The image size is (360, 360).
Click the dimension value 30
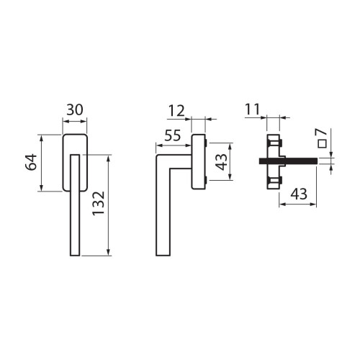(75, 110)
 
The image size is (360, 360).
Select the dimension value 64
(32, 162)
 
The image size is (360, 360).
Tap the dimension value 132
(99, 203)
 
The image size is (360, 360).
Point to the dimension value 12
(176, 111)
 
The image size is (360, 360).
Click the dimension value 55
(173, 135)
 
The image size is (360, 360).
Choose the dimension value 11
(253, 109)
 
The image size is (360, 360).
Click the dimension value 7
(322, 132)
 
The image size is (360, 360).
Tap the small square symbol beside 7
(322, 143)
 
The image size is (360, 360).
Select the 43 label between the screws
(221, 162)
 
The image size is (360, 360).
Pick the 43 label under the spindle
(299, 194)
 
